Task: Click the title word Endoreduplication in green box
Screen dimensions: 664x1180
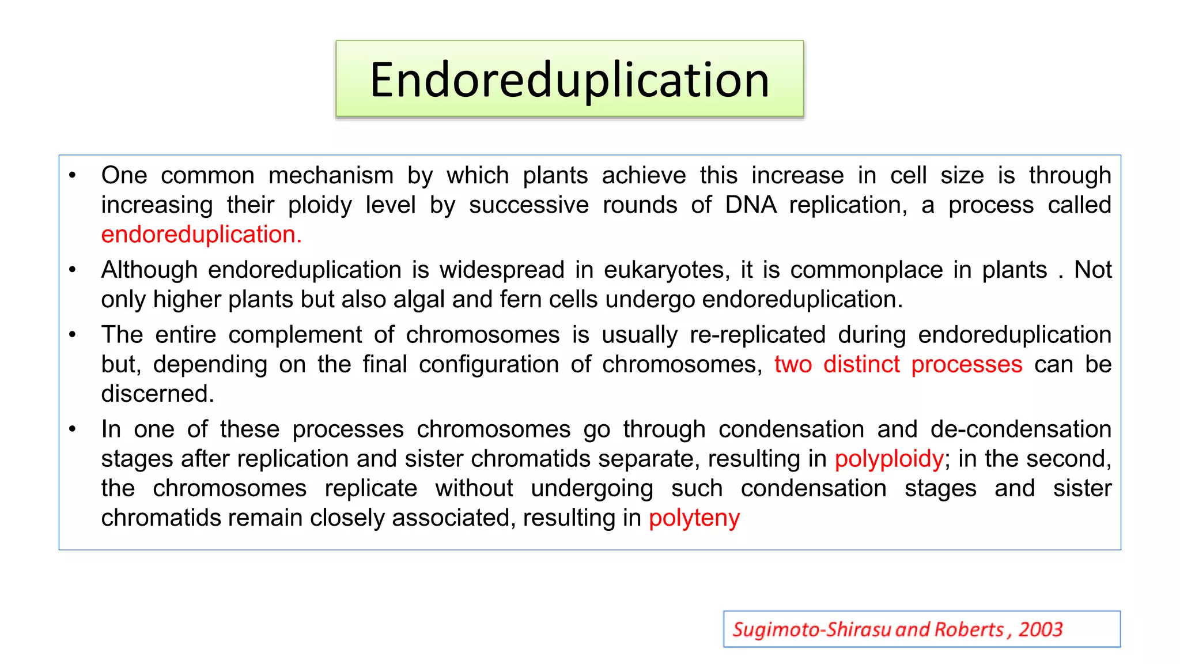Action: click(569, 80)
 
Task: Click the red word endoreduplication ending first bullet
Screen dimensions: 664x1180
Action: click(201, 235)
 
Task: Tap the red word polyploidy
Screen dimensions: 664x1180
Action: click(889, 459)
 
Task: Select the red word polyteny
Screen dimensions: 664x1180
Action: click(694, 518)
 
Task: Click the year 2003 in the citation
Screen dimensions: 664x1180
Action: click(1040, 629)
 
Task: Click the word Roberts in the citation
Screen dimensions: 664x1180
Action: click(969, 629)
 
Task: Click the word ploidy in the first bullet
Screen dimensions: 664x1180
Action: click(320, 205)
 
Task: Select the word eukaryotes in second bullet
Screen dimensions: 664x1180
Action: click(666, 270)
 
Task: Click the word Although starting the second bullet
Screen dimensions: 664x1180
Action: click(149, 270)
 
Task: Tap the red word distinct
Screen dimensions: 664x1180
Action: click(861, 364)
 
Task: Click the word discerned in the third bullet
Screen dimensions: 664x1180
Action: click(157, 394)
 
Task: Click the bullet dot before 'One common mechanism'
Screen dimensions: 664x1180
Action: click(73, 175)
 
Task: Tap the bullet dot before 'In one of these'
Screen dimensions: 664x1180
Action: click(73, 429)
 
